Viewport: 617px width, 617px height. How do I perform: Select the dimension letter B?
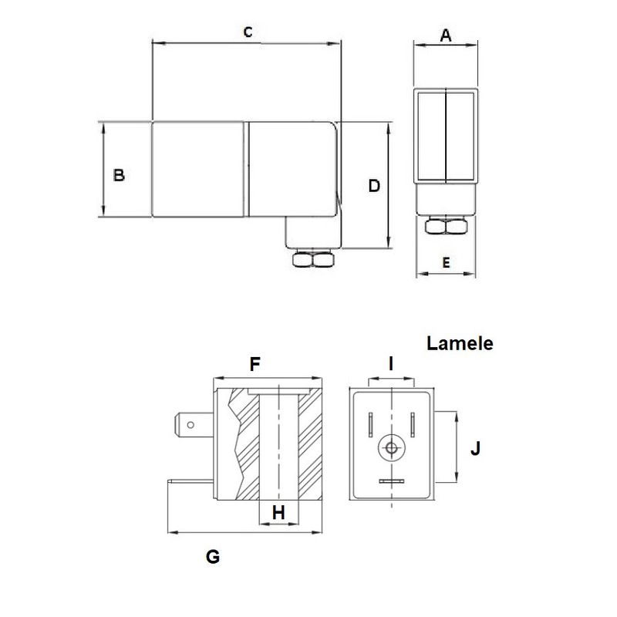tap(119, 175)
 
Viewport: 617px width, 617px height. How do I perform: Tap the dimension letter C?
tap(248, 32)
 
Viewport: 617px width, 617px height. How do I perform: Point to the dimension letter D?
tap(374, 186)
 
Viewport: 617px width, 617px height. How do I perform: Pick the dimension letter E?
tap(446, 262)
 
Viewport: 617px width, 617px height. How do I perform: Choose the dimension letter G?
tap(214, 555)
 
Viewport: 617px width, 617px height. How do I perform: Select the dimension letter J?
tap(476, 447)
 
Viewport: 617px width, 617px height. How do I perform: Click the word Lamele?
tap(460, 344)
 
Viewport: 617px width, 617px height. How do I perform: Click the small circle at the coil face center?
tap(392, 448)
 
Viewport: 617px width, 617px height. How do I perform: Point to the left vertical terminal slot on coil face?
tap(370, 423)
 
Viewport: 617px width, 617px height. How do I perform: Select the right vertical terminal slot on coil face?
tap(413, 423)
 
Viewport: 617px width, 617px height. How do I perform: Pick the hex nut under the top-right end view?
tap(447, 227)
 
